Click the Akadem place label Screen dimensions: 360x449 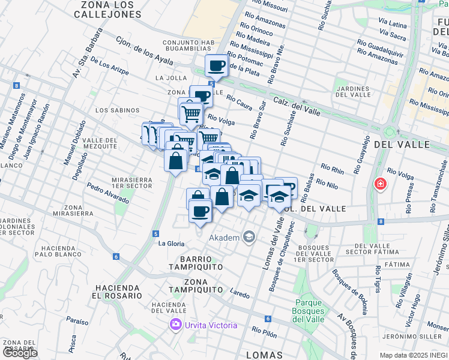tap(224, 237)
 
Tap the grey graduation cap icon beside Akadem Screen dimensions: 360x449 tap(249, 237)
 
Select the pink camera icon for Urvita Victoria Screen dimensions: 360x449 tap(176, 325)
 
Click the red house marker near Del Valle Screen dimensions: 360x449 tap(379, 184)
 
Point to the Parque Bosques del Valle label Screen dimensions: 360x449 tap(308, 311)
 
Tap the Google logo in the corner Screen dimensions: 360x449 tap(20, 353)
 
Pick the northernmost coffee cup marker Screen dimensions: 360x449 tap(216, 65)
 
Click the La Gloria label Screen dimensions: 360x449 tap(171, 244)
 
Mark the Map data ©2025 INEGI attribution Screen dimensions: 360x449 tap(413, 355)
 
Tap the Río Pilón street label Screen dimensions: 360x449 tap(265, 331)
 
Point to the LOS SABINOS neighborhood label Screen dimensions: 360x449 tap(117, 110)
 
